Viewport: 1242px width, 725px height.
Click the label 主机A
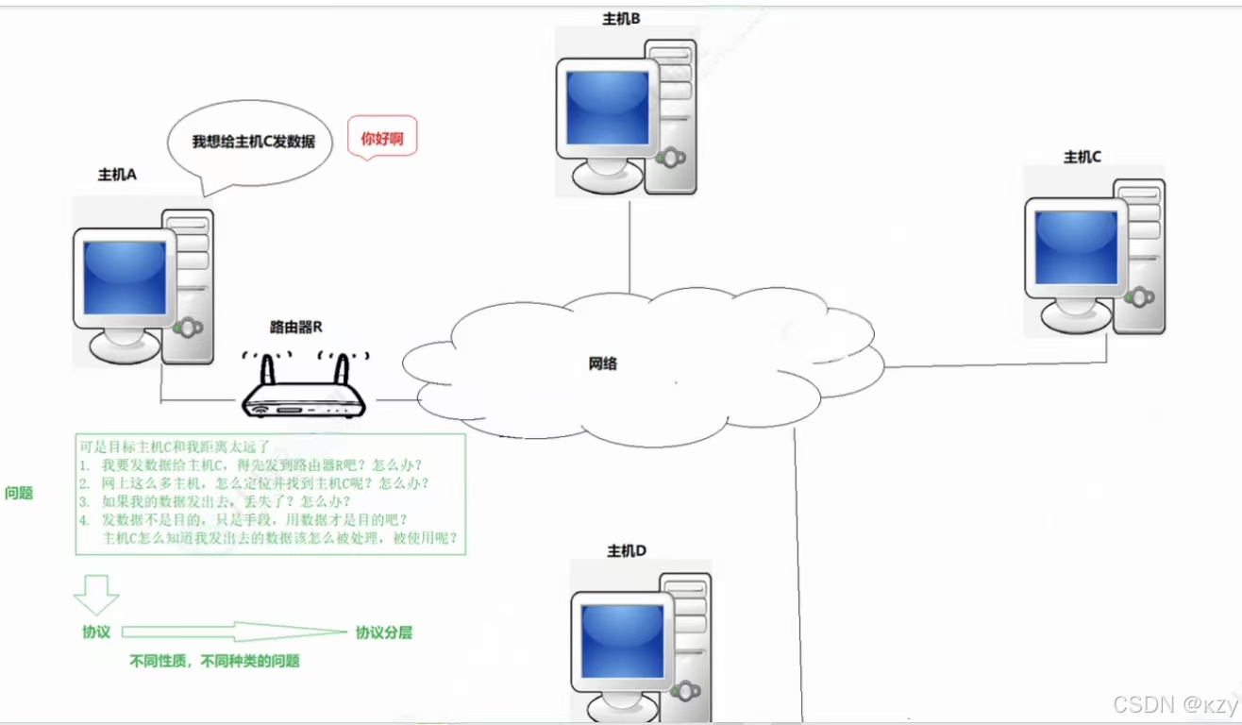(x=117, y=175)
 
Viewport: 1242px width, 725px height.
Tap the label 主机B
(x=622, y=18)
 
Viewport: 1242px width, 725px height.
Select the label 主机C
(x=1083, y=158)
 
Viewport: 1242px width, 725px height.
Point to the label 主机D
(x=627, y=551)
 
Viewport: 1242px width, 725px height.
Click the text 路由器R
(x=296, y=328)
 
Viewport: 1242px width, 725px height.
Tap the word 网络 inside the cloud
(x=602, y=363)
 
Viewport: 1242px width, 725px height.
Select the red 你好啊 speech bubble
(x=382, y=139)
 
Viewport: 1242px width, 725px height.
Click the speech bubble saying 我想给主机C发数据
(x=253, y=142)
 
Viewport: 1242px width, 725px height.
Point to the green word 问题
(x=19, y=493)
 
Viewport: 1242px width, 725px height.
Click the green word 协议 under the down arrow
(x=96, y=632)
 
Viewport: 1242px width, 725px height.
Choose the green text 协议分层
(x=384, y=632)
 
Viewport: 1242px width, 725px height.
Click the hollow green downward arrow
(x=96, y=594)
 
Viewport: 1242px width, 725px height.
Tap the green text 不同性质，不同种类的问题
(x=214, y=662)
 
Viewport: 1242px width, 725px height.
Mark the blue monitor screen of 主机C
(x=1076, y=247)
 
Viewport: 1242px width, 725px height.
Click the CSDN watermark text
(x=1174, y=705)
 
